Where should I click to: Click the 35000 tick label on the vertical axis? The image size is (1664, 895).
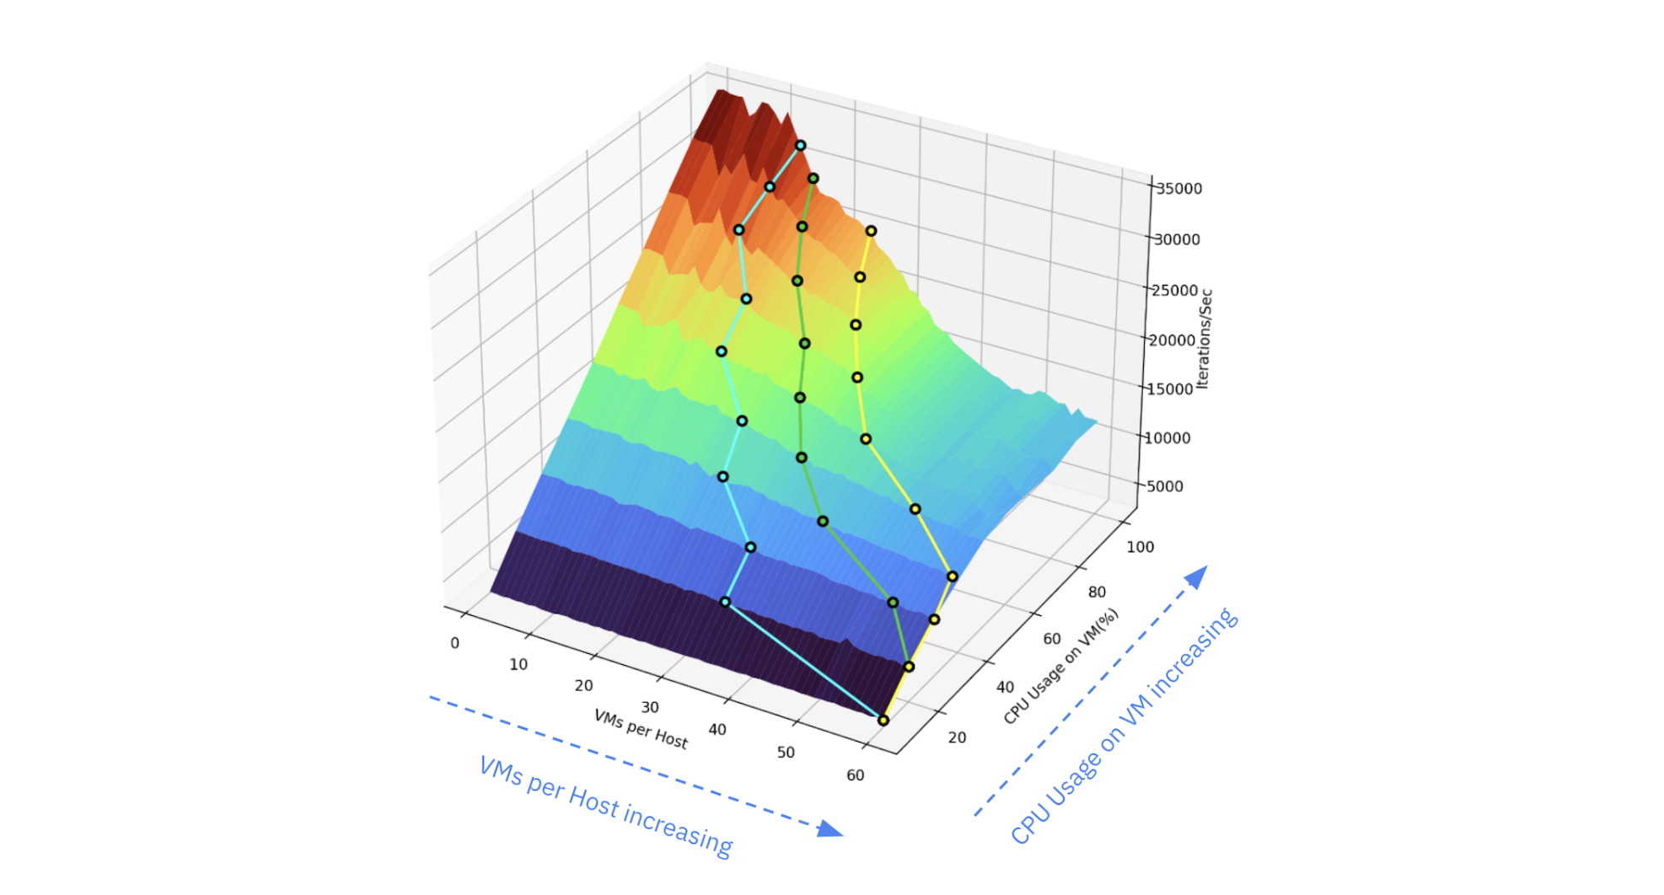1178,189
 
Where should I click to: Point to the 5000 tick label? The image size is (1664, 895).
1165,486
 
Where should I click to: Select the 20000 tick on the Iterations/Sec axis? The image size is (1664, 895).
1173,340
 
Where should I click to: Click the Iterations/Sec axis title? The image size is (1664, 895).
1204,339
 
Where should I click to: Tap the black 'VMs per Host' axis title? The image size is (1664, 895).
641,729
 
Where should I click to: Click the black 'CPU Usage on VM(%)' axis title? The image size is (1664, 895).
1060,666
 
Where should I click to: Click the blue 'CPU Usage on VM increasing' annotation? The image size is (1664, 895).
1124,726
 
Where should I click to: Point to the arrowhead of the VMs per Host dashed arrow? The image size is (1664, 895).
830,828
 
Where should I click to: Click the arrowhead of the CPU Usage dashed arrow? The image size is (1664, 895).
1197,576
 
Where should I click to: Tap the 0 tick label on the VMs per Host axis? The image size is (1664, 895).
455,643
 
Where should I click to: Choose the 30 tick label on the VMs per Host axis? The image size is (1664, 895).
650,707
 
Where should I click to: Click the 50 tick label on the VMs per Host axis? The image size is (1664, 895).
786,752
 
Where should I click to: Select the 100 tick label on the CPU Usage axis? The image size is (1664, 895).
1140,547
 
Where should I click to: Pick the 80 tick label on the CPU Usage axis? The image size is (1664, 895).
1097,592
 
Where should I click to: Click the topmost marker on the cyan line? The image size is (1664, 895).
801,146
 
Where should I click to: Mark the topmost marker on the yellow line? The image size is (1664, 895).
871,231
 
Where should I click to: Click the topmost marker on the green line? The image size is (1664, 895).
813,179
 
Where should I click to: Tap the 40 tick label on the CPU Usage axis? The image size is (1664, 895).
1005,687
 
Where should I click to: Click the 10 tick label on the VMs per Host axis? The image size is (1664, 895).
518,664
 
